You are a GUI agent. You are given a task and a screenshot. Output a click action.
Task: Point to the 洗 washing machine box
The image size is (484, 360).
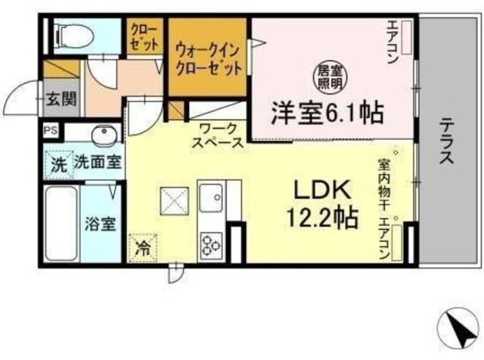[57, 163]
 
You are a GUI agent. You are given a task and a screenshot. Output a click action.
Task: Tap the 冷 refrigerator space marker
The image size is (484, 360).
[141, 247]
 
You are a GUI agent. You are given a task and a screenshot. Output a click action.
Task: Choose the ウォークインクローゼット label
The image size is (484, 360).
[209, 57]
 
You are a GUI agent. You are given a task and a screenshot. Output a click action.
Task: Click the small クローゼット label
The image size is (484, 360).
[145, 36]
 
